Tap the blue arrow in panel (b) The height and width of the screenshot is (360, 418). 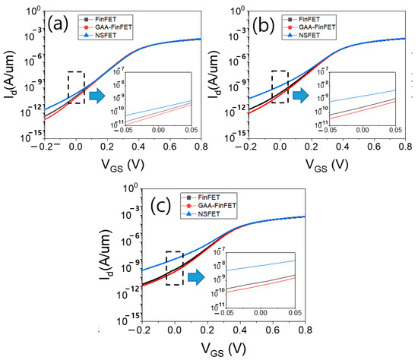[302, 96]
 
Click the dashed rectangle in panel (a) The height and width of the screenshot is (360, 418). [75, 87]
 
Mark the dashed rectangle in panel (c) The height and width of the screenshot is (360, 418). [174, 268]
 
